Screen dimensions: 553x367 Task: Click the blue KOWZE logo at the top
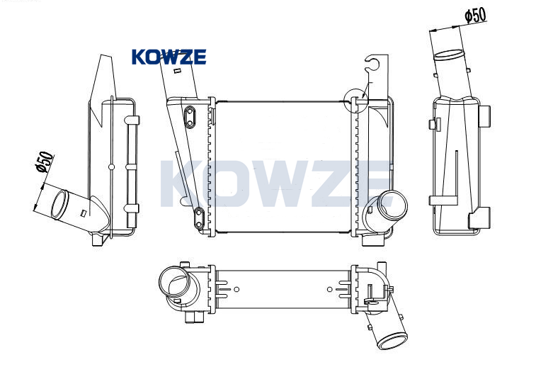(x=169, y=57)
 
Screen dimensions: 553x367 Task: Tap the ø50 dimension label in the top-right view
(x=475, y=15)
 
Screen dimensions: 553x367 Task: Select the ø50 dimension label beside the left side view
(x=45, y=162)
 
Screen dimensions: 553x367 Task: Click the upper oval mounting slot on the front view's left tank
(x=190, y=116)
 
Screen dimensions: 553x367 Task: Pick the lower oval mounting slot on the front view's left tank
(x=199, y=218)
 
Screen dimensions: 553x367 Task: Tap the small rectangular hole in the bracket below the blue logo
(x=177, y=71)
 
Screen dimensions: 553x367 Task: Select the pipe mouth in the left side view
(x=59, y=205)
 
